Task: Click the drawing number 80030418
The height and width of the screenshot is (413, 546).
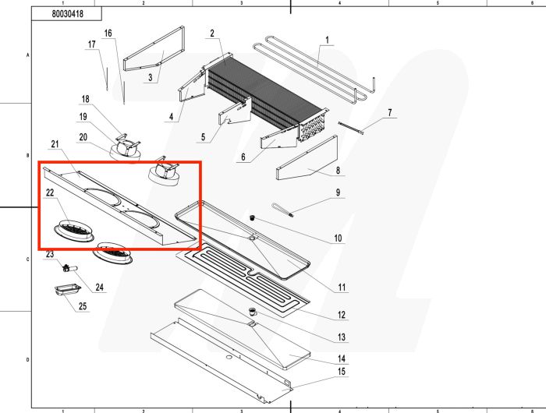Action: pos(69,14)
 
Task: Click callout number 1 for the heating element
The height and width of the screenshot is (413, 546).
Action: pos(327,40)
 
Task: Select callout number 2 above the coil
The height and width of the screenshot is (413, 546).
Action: pos(211,34)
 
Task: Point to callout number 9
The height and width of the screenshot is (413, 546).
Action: pos(338,192)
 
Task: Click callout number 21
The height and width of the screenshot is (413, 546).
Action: pos(55,143)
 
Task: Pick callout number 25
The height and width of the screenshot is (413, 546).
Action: pos(83,305)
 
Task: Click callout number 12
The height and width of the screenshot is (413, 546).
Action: pos(341,316)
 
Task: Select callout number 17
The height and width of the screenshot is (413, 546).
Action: pos(91,44)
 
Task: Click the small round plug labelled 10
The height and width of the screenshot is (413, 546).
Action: pos(253,219)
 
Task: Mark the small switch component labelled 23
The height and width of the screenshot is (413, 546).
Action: pos(67,267)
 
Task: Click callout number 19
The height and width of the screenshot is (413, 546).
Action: pos(82,116)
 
